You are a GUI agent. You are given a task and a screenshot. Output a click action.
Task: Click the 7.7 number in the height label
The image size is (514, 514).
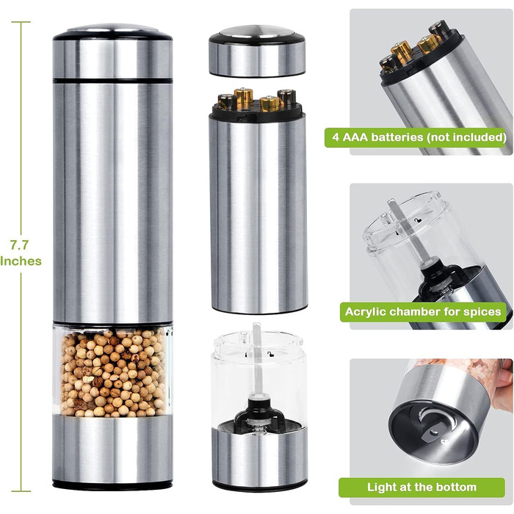coord(19,245)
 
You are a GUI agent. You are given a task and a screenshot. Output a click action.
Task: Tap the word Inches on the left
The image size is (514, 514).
coord(21,261)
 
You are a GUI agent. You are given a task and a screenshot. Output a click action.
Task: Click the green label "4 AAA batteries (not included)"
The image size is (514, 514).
coord(416,137)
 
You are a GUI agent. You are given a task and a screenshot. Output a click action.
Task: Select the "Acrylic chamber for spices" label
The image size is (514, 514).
coord(423,312)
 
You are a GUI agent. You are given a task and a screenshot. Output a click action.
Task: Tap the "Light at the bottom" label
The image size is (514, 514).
coord(421,487)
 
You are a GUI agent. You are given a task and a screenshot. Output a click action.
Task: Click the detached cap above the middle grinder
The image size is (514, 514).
coord(257,51)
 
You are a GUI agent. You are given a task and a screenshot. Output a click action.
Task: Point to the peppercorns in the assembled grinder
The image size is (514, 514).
coord(113,373)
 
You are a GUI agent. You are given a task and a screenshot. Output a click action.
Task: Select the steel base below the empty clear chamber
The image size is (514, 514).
coord(260,457)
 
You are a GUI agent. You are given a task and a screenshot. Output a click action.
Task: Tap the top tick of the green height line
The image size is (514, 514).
coord(21,22)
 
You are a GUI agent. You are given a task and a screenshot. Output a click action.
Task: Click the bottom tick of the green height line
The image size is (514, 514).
coord(21,491)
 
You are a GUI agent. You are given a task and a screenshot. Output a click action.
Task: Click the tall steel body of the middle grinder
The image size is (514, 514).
coord(258,213)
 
